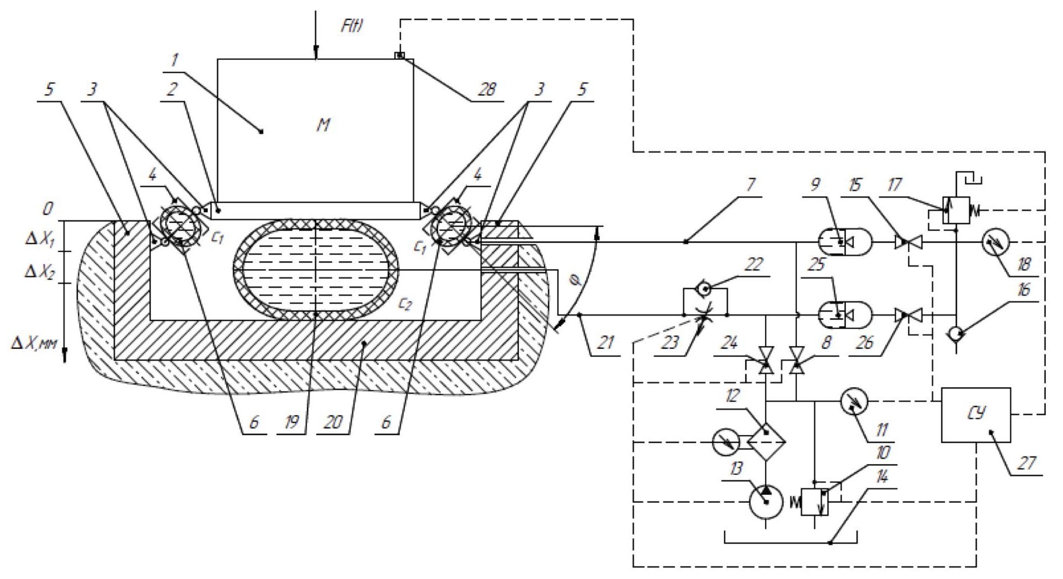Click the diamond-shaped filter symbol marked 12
[766, 441]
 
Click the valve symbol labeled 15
[909, 242]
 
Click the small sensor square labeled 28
[400, 55]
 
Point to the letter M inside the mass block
[323, 125]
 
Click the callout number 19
[291, 422]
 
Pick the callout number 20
[332, 422]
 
